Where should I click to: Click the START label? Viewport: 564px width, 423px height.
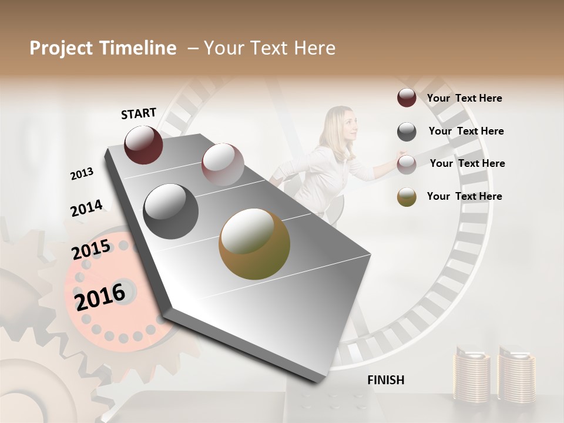click(139, 113)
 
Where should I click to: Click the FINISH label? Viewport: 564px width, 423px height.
click(385, 380)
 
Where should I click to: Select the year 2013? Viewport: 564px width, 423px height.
click(82, 174)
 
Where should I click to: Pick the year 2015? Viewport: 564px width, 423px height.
click(91, 250)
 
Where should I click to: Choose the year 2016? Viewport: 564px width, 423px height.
click(100, 296)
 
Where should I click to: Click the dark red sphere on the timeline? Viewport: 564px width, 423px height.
click(143, 145)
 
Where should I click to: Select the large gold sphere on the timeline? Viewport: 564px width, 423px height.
click(254, 244)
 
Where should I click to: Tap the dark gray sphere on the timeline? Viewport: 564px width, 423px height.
click(171, 211)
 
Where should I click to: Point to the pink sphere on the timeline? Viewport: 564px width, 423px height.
click(223, 164)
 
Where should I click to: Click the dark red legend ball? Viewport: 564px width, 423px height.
click(407, 98)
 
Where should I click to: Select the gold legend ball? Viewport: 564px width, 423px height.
click(407, 197)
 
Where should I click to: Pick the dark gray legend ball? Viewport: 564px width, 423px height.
click(407, 132)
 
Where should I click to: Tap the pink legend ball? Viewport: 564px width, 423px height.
click(407, 164)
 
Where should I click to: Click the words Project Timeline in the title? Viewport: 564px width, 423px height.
click(103, 48)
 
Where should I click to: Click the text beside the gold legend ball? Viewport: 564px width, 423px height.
click(464, 196)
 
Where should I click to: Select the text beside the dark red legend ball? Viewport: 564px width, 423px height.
click(464, 98)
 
